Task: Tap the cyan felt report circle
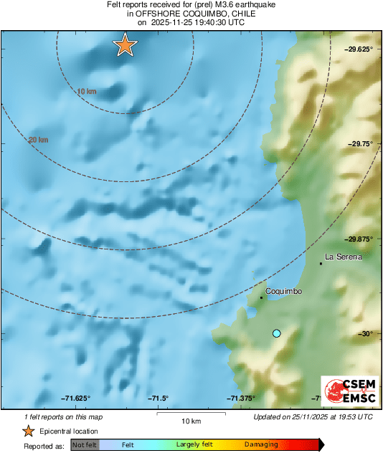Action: pyautogui.click(x=277, y=333)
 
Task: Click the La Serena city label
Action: pyautogui.click(x=344, y=256)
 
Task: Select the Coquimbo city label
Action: pyautogui.click(x=283, y=291)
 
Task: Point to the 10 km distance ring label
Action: pyautogui.click(x=86, y=91)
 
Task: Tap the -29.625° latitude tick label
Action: pyautogui.click(x=356, y=49)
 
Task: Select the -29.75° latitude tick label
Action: pyautogui.click(x=359, y=144)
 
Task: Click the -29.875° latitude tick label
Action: pyautogui.click(x=356, y=239)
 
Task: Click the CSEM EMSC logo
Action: pyautogui.click(x=348, y=392)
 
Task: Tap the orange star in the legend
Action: pyautogui.click(x=28, y=431)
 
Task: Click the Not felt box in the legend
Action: pyautogui.click(x=85, y=445)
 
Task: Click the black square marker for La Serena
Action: pyautogui.click(x=321, y=263)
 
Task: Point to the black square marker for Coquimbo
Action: pyautogui.click(x=261, y=297)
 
